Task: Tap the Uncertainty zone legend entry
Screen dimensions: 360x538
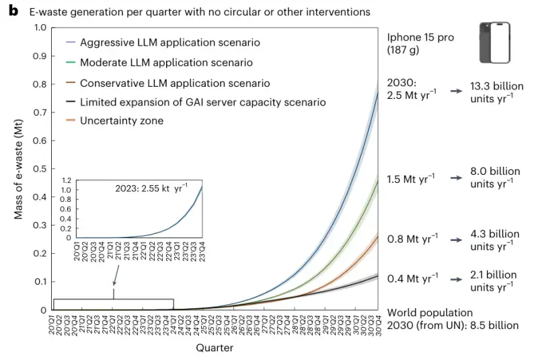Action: pyautogui.click(x=121, y=121)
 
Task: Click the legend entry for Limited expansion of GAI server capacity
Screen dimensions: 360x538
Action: pyautogui.click(x=202, y=102)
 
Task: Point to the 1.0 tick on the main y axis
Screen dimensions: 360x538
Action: pyautogui.click(x=40, y=28)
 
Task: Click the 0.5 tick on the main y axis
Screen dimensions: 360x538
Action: pyautogui.click(x=40, y=169)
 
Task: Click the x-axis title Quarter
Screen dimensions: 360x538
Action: pyautogui.click(x=215, y=348)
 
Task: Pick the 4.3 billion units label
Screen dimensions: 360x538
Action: pyautogui.click(x=495, y=240)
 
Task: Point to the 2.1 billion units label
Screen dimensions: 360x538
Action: pyautogui.click(x=494, y=280)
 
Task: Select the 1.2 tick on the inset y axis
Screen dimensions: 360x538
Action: pyautogui.click(x=67, y=181)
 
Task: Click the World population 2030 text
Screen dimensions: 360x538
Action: pyautogui.click(x=452, y=319)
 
